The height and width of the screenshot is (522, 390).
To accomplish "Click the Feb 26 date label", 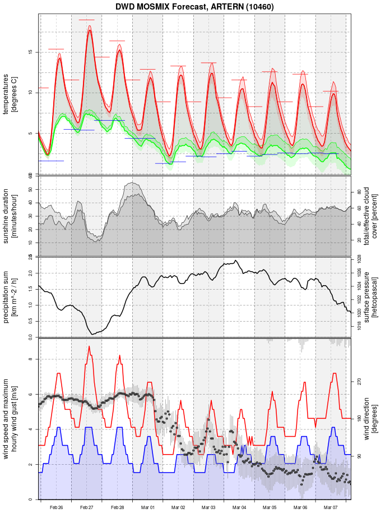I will pos(56,507).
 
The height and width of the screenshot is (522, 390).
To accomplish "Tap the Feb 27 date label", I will pos(87,507).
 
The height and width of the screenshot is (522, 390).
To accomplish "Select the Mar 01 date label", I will pos(148,507).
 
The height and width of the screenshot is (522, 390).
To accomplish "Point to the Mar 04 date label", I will pos(239,507).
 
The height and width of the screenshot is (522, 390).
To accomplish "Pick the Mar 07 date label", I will pos(331,507).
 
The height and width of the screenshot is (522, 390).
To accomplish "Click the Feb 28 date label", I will pos(118,507).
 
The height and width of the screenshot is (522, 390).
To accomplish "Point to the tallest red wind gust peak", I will pos(89,346).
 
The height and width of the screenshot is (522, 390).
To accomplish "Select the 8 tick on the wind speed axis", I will pos(31,359).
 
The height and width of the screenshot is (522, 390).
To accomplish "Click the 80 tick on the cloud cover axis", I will pos(360,192).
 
